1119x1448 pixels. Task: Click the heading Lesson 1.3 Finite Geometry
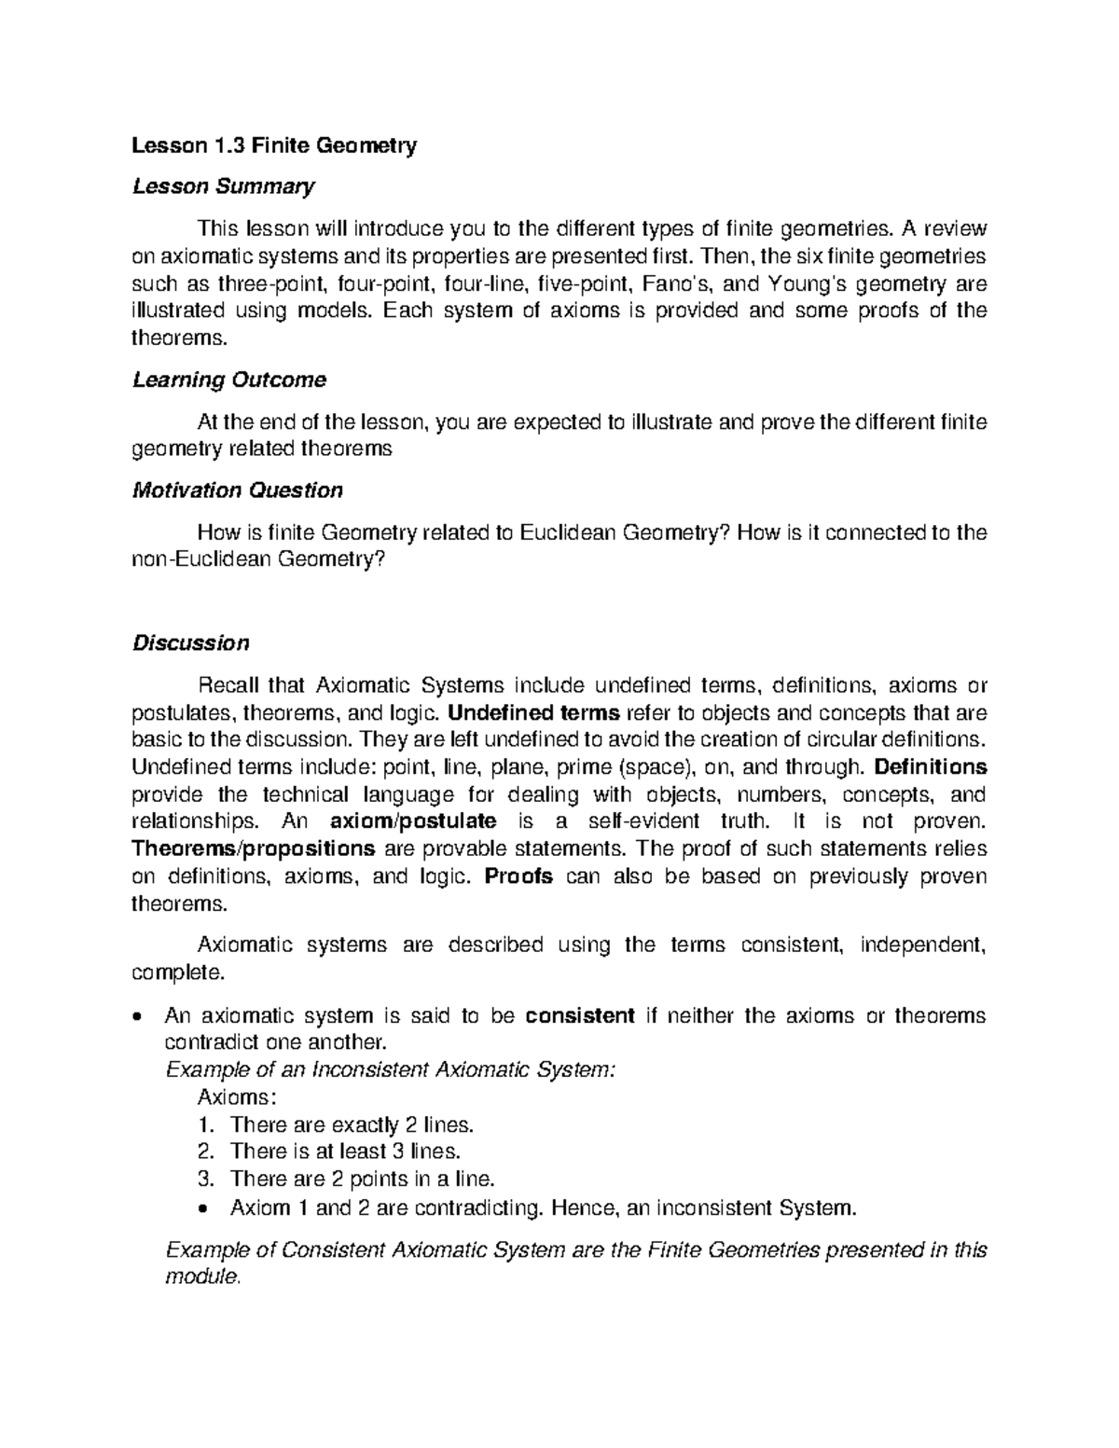[x=274, y=145]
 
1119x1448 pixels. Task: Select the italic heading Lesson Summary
[x=223, y=186]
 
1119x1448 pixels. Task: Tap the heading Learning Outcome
[x=229, y=380]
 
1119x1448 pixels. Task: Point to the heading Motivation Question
[x=237, y=490]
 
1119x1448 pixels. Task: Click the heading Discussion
[x=190, y=643]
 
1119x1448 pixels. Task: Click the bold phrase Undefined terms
[x=533, y=713]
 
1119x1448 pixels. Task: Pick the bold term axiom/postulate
[x=413, y=821]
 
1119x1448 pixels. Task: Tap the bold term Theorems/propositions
[x=254, y=849]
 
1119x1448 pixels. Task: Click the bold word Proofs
[x=519, y=876]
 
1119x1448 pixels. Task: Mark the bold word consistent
[x=580, y=1015]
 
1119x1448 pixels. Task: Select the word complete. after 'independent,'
[x=177, y=973]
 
